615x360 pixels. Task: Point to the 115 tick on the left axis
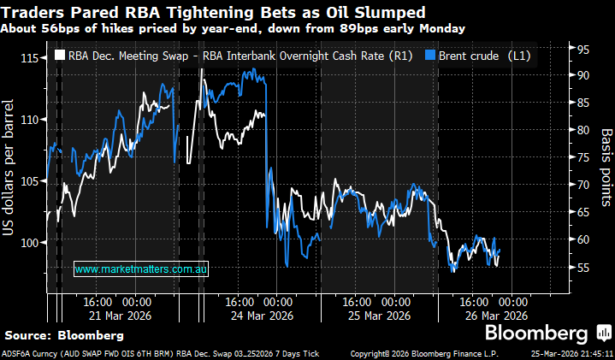tap(33, 58)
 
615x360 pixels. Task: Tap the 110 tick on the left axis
tap(33, 120)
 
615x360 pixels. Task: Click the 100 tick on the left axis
tap(33, 243)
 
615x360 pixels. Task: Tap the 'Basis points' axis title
tap(605, 168)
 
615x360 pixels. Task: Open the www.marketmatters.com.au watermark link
tap(142, 269)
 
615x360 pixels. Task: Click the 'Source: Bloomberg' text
tap(52, 333)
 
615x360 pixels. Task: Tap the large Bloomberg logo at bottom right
tap(536, 333)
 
